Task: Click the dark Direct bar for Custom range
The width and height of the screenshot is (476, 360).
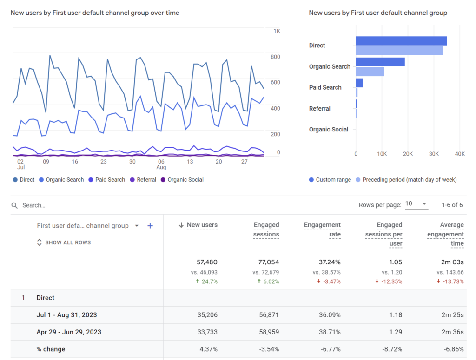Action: click(401, 41)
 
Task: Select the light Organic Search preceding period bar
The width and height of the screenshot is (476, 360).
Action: click(370, 72)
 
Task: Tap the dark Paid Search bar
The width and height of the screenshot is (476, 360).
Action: click(359, 83)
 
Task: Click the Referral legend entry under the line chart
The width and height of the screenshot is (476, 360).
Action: click(143, 180)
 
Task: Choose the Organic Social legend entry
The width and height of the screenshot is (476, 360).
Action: click(182, 180)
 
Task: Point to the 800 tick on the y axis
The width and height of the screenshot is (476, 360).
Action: click(275, 57)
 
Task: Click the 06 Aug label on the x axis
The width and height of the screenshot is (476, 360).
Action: click(161, 164)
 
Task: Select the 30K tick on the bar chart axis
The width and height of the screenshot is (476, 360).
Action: click(434, 154)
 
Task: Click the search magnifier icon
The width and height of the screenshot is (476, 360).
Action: click(14, 205)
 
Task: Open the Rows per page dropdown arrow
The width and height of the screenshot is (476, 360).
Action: click(424, 204)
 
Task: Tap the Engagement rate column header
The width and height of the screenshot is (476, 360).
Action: click(322, 229)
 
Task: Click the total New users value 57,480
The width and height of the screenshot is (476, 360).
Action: click(207, 262)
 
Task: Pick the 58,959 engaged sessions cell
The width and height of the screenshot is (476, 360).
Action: click(269, 332)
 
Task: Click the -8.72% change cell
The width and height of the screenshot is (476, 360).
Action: click(392, 349)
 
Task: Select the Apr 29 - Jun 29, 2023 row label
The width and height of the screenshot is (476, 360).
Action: click(69, 332)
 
